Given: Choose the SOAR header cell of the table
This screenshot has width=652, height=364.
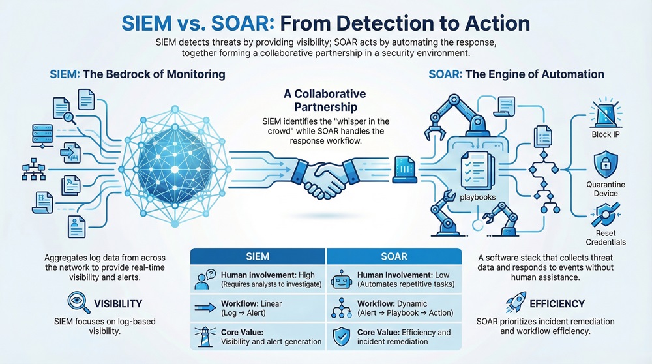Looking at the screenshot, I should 394,255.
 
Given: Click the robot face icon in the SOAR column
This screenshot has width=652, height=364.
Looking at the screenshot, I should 342,280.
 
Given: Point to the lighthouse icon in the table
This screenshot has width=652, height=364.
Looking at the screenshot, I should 203,336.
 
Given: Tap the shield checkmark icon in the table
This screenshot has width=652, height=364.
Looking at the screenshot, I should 341,336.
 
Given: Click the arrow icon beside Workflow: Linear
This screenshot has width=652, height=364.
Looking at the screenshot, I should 203,308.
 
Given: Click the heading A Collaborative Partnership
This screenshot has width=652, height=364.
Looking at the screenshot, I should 325,100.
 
